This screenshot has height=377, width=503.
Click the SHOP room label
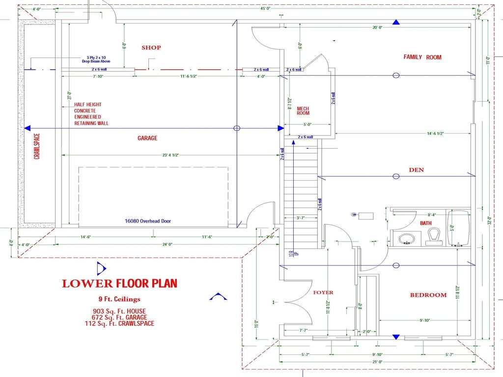tap(151, 48)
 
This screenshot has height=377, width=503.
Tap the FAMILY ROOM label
tap(422, 57)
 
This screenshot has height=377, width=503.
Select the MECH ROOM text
tap(303, 110)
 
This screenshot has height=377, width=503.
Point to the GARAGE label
tap(147, 138)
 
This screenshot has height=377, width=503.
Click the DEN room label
tap(416, 170)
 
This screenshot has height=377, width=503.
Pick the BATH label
tap(426, 223)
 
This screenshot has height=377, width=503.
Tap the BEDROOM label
tap(428, 295)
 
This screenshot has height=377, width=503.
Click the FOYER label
tap(323, 293)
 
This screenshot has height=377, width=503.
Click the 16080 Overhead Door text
tap(148, 221)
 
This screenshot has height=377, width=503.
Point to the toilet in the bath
tap(433, 237)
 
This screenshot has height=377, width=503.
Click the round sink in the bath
tap(406, 239)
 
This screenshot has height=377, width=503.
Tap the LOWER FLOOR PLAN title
tap(119, 283)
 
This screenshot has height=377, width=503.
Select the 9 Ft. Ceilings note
tap(119, 299)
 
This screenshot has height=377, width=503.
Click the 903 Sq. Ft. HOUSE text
tap(119, 311)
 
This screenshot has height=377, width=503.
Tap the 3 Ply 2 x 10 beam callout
tap(96, 60)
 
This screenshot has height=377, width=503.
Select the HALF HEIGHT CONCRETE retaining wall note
tap(91, 114)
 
